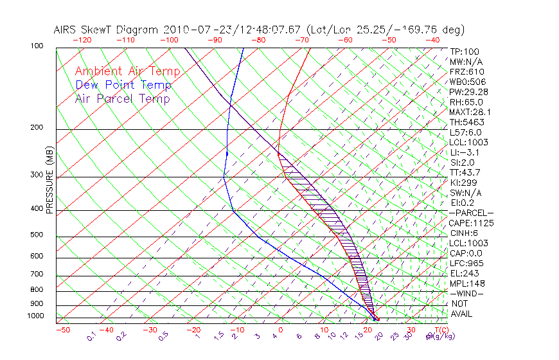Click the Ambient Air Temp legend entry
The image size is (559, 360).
(127, 71)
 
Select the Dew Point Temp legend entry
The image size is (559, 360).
(123, 85)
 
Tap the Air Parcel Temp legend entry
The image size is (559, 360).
(122, 98)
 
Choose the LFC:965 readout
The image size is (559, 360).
(466, 263)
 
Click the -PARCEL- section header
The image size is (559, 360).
(471, 213)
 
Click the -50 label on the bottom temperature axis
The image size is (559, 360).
(63, 330)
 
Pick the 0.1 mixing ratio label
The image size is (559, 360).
(91, 336)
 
